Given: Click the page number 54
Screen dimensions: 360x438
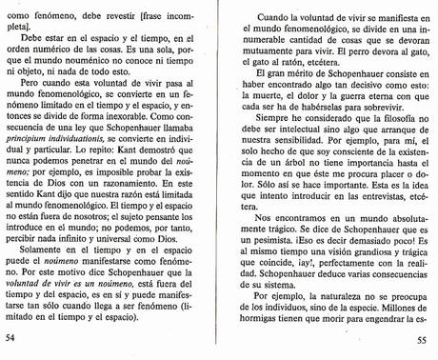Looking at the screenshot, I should (x=11, y=337).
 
